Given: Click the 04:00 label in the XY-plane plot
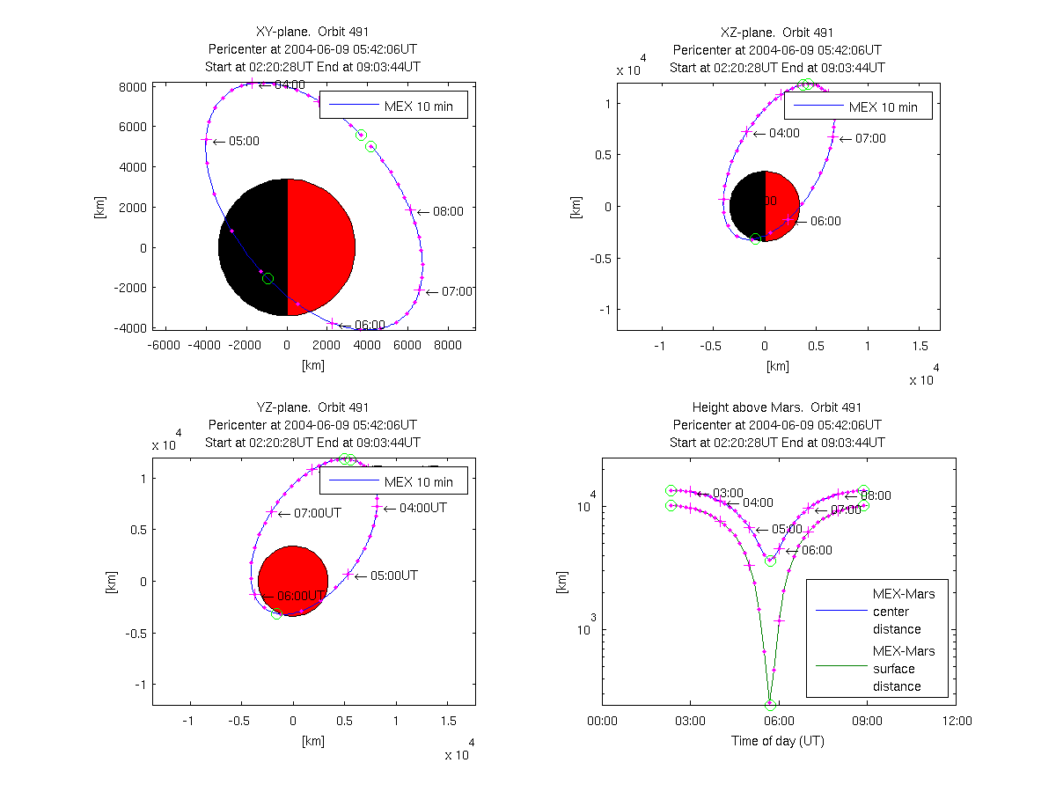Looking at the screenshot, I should click(290, 84).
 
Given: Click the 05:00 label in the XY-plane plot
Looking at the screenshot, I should click(244, 141).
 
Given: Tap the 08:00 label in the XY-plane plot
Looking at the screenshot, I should click(447, 211).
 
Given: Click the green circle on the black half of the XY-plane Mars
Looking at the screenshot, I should click(268, 278).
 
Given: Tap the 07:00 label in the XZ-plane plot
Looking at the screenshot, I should click(870, 138).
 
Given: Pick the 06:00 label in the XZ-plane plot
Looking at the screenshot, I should click(825, 221).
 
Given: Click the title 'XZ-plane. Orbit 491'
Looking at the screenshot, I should click(777, 33).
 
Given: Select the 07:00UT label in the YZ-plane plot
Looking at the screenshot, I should click(318, 512).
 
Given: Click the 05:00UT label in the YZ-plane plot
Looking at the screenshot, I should click(393, 575).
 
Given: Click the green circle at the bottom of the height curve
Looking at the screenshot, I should click(770, 705).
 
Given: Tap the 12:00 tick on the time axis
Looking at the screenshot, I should click(957, 721).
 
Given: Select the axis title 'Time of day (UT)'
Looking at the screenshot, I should click(777, 741).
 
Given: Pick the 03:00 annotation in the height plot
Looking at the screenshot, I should click(728, 492).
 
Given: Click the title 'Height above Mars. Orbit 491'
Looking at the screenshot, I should click(777, 407).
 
